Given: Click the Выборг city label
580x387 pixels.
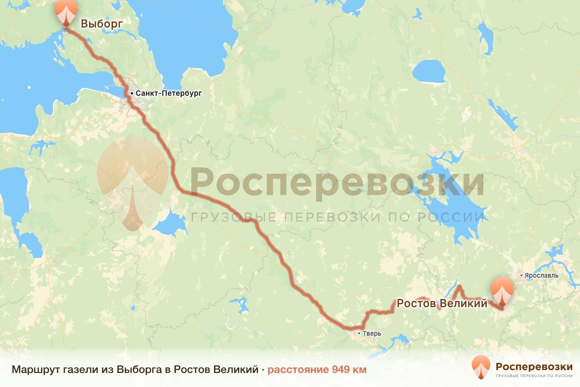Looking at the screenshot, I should coord(101,24).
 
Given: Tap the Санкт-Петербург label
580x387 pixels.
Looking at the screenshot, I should coord(168,92).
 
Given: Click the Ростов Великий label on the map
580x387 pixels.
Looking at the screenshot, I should coord(441,304).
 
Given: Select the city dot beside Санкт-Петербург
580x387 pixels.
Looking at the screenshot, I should coord(131,92).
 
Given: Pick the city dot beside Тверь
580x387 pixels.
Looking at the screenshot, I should coord(359,333).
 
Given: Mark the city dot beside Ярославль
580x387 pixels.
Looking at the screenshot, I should coord(522,276).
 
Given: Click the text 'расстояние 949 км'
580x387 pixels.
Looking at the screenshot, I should coord(317,370).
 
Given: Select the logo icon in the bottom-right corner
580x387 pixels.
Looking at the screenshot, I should coord(481,367).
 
